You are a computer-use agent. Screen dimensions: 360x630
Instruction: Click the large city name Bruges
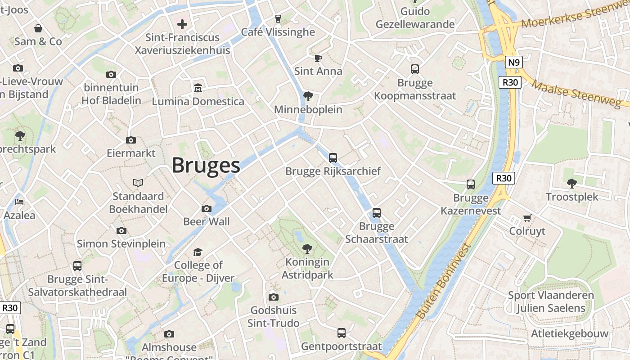pos(206,166)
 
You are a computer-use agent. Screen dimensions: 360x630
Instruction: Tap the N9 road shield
pos(513,62)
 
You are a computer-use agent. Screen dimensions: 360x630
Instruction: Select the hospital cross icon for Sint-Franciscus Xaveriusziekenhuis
pos(182,24)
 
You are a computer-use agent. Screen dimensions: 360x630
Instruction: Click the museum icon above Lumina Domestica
pos(198,87)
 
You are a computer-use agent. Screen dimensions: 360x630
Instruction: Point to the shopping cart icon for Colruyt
pos(527,218)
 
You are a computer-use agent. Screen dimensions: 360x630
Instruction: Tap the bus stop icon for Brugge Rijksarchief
pos(333,158)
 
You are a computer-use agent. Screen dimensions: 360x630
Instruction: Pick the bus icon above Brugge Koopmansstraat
pos(415,69)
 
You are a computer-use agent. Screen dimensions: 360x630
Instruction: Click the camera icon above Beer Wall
pos(207,208)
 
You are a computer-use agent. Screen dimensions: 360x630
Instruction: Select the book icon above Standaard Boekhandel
pos(138,183)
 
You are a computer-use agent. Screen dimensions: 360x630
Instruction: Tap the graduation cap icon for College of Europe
pos(198,252)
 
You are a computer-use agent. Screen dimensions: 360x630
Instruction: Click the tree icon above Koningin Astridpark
pos(307,248)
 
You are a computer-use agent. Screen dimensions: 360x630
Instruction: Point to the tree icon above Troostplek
pos(572,183)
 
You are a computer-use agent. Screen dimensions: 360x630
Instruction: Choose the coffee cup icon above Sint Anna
pos(318,58)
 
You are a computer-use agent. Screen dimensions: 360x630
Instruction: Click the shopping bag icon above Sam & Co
pos(38,28)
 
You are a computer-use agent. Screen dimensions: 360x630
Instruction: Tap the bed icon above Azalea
pos(19,201)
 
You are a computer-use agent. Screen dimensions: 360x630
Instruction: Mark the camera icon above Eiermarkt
pos(131,140)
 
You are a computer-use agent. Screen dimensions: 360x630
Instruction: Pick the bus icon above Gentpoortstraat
pos(342,333)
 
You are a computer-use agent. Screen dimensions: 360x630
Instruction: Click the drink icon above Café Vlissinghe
pos(278,18)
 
